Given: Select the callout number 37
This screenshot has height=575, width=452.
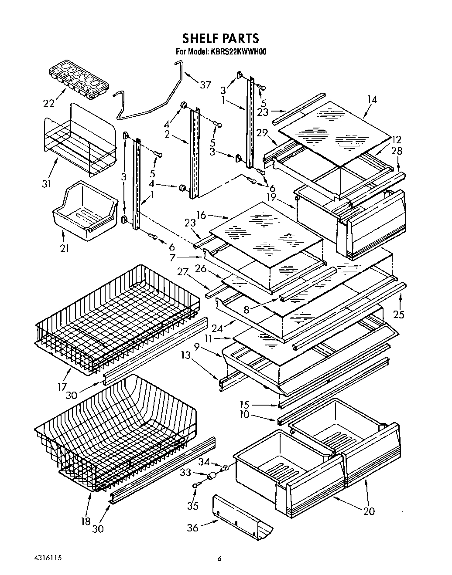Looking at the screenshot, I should (x=205, y=85).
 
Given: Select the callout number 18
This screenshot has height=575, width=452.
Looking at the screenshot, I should (x=86, y=521).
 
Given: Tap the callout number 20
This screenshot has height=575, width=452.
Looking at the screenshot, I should (x=369, y=511).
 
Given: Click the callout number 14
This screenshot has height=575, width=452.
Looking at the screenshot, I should (x=372, y=99).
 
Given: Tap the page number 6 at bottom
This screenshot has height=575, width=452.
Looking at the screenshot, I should (x=220, y=559).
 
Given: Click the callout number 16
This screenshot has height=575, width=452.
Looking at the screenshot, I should (x=201, y=215).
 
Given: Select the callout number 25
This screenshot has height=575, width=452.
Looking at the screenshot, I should (x=399, y=314).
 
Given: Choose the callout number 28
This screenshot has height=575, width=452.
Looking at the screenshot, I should (x=397, y=151).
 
